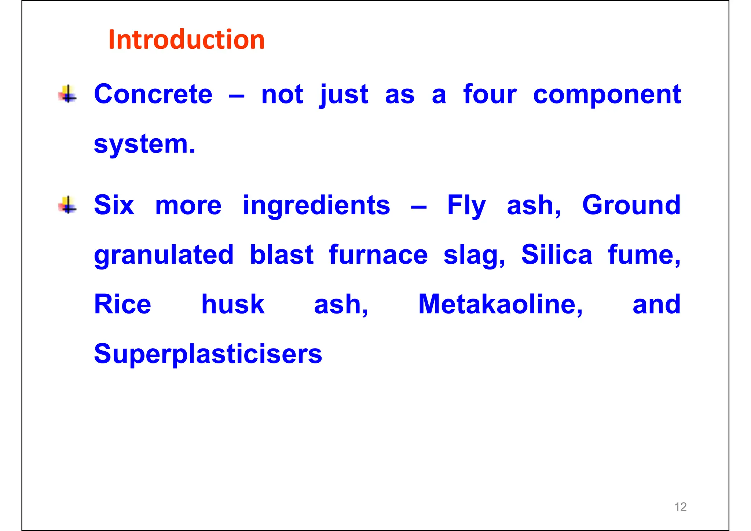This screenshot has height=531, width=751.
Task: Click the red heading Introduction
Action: coord(186,40)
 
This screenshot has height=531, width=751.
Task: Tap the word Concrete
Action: coord(153,94)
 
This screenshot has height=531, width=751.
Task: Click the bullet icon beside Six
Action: coord(68,205)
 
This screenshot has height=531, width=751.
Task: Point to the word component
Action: coord(607,95)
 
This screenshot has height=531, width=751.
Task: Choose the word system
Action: coord(144,144)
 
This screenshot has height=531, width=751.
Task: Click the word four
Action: coord(490,94)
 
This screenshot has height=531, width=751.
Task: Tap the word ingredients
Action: coord(316,206)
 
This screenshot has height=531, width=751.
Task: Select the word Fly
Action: coord(466,206)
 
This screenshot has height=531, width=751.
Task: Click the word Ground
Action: coord(631,205)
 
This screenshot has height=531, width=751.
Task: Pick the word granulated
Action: coord(164,255)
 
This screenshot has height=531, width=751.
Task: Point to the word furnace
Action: coord(378,255)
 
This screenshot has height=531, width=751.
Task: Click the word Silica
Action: coord(557,254)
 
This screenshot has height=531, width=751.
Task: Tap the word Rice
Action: coord(122,304)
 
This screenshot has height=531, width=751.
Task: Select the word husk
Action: coord(233,304)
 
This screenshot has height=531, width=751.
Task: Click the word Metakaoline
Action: coord(500,304)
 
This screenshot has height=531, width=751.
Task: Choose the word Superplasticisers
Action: coord(208,354)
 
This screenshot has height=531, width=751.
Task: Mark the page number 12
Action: coord(680,507)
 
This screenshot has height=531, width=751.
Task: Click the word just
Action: coord(344,95)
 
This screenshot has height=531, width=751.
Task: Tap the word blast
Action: coord(282,254)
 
